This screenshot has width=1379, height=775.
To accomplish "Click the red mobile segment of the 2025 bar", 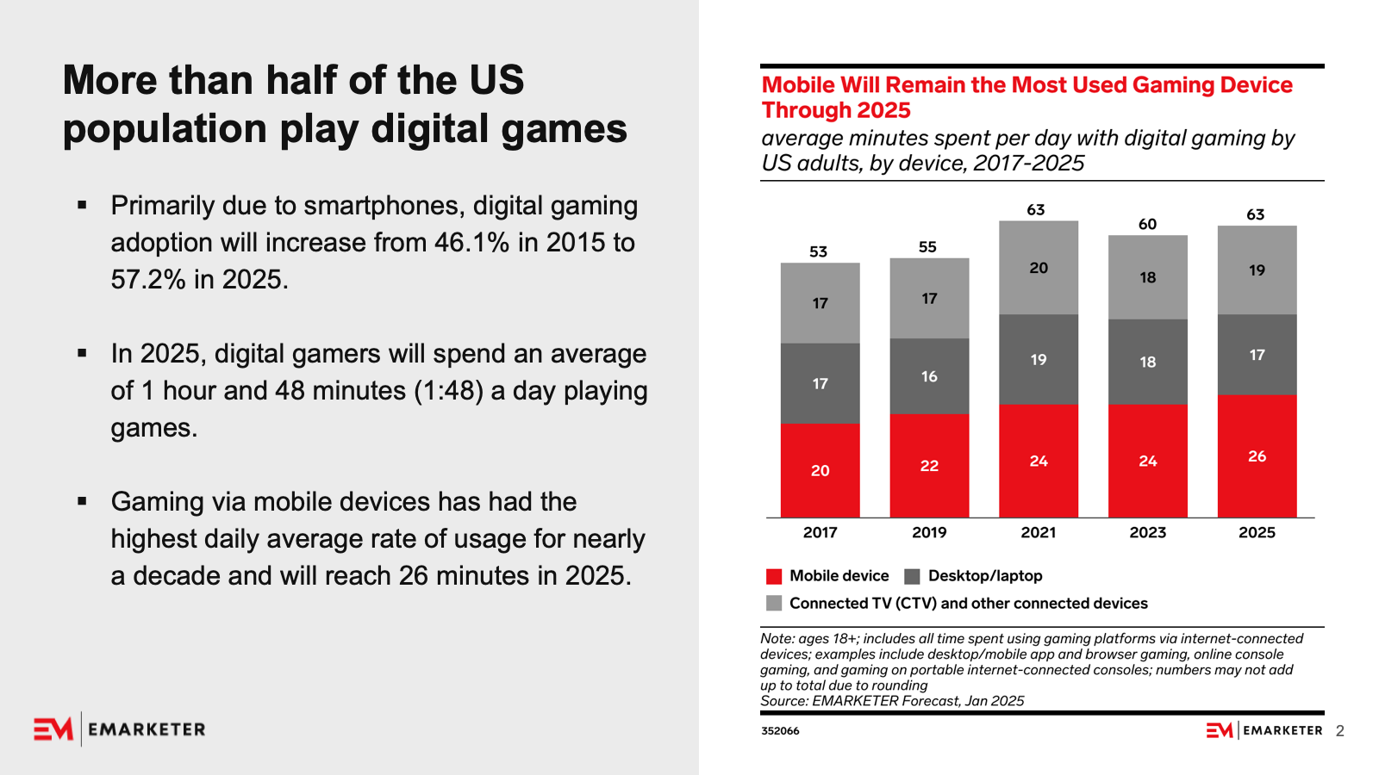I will point(1257,456).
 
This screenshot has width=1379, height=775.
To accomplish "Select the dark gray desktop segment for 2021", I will point(1039,359).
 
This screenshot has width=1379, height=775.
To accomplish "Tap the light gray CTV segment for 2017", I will point(820,303).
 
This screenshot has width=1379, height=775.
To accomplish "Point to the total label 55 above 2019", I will point(927,247).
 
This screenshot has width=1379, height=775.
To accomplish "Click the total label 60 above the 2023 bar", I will point(1147,225).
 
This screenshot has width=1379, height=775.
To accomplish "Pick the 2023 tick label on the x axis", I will point(1147,533).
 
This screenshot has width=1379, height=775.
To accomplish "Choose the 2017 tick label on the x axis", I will point(820,533).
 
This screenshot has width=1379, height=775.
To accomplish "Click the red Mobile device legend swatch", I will point(774,577).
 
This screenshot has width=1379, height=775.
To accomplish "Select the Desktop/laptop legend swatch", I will point(912,577).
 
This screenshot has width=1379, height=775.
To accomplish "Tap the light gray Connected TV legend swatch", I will point(774,604).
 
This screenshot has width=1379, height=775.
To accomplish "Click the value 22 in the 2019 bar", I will point(929,466).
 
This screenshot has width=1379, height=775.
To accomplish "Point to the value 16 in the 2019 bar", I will point(929,376).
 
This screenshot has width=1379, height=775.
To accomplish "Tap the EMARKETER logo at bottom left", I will point(120,729).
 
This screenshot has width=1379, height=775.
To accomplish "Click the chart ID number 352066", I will point(780,731).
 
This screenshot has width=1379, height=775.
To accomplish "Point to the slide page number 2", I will point(1339,731).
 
